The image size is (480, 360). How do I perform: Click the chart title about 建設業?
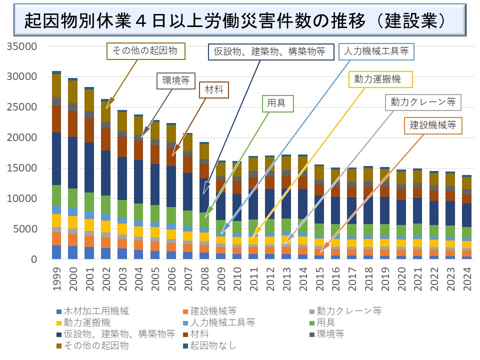click(235, 21)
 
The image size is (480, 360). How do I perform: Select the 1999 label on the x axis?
click(56, 281)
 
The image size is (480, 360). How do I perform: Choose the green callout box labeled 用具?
click(278, 103)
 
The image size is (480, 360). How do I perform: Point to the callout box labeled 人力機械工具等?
click(376, 51)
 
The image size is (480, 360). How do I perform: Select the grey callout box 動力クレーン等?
click(423, 102)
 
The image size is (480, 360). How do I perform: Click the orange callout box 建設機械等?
click(433, 125)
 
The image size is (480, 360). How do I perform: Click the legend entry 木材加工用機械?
click(92, 311)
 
